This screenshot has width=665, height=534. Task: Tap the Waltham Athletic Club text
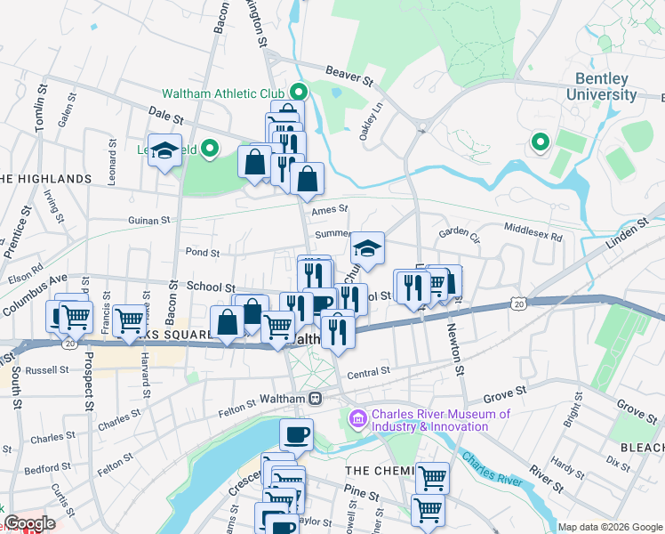222,93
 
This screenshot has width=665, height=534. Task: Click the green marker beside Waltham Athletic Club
299,92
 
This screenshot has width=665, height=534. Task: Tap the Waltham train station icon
314,400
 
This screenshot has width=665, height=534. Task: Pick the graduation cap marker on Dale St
164,150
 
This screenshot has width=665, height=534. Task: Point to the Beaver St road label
349,78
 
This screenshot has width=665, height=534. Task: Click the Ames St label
329,210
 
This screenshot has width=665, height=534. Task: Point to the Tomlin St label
40,109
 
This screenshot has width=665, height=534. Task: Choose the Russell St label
47,369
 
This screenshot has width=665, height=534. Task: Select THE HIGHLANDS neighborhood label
46,179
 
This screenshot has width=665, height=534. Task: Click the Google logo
28,523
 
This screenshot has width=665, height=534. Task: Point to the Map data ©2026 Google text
609,527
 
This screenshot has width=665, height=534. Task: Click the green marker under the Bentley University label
539,142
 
